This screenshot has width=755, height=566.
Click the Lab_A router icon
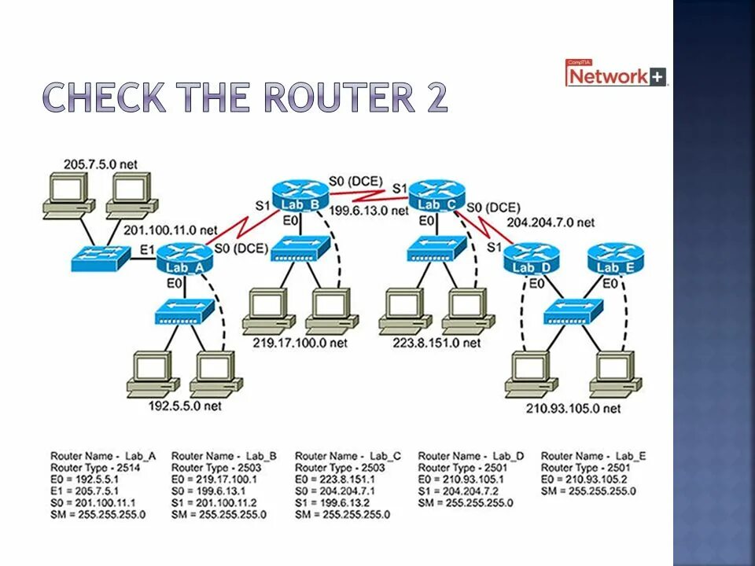click(x=185, y=258)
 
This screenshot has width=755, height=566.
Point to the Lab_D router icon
click(x=532, y=256)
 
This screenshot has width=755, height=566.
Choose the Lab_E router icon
click(x=615, y=256)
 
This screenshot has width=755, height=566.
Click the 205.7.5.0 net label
click(x=100, y=164)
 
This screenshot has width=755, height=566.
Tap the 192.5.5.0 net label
click(x=185, y=406)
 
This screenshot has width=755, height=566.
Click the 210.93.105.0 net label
click(x=573, y=409)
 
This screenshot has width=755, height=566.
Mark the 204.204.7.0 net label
click(x=551, y=222)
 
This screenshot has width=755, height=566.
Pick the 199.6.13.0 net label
click(x=369, y=211)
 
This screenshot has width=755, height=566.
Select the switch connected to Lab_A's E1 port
click(x=100, y=258)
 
